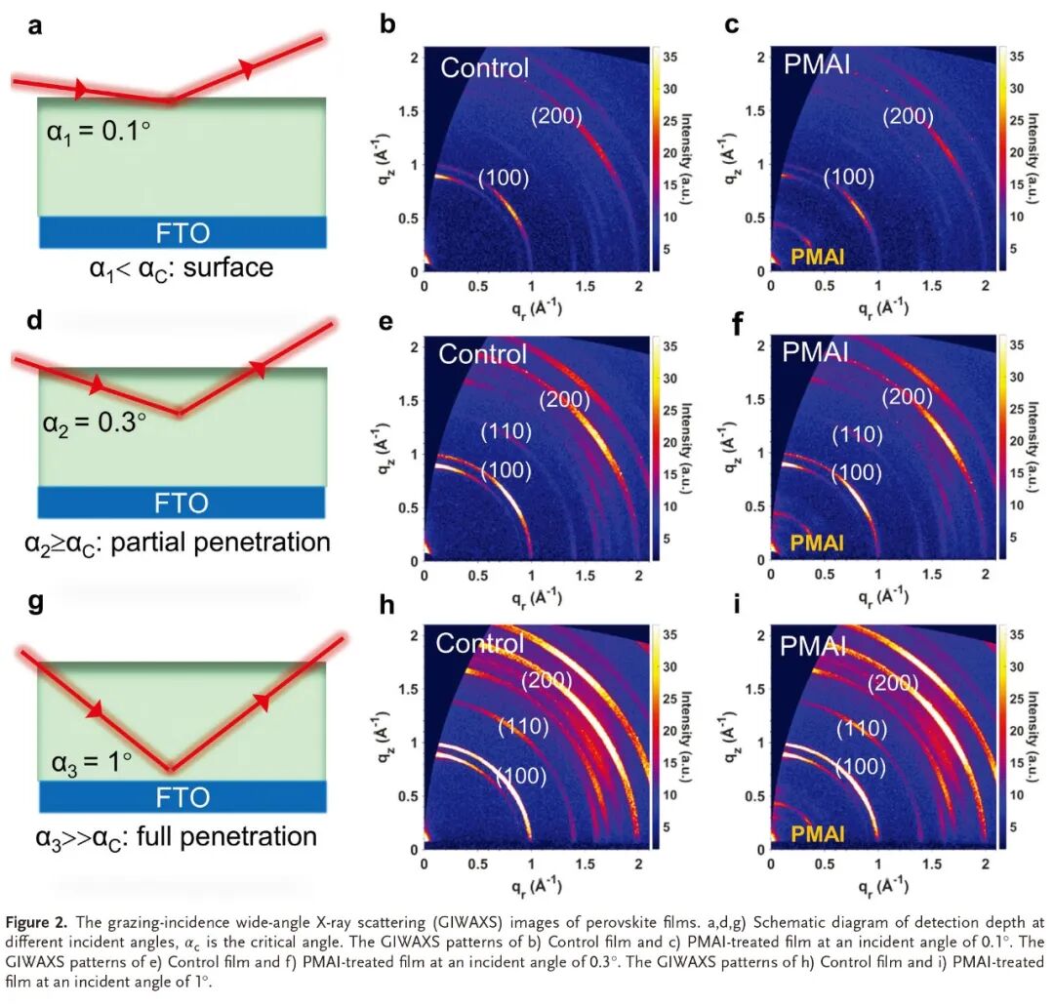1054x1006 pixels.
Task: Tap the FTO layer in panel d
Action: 182,503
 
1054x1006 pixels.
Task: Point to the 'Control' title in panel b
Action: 484,67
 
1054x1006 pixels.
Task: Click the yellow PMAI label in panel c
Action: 818,258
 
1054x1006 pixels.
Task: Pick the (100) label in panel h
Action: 520,777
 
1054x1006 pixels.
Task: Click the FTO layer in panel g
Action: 182,797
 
